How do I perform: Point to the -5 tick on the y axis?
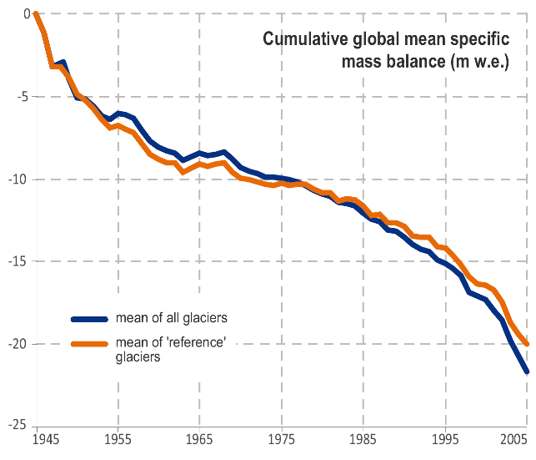pyautogui.click(x=23, y=96)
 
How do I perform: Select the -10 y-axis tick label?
pyautogui.click(x=20, y=179)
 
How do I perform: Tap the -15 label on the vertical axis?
pyautogui.click(x=20, y=261)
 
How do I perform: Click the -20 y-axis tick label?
pyautogui.click(x=20, y=344)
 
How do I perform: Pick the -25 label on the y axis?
pyautogui.click(x=20, y=427)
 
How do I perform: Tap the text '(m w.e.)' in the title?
pyautogui.click(x=479, y=61)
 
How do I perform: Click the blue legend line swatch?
pyautogui.click(x=89, y=318)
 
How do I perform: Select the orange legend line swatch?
pyautogui.click(x=89, y=343)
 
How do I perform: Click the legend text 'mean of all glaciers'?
pyautogui.click(x=171, y=318)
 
